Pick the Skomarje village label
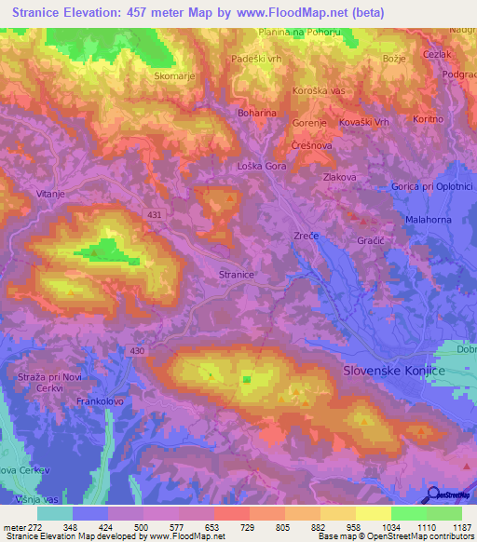(x=174, y=76)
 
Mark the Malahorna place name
(x=429, y=219)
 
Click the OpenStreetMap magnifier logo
(x=433, y=495)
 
